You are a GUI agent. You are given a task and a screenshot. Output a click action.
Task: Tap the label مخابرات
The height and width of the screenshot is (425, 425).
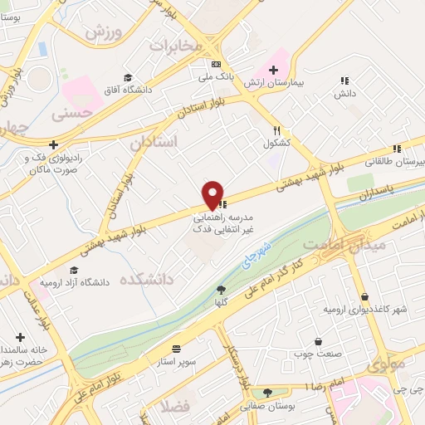[175, 46]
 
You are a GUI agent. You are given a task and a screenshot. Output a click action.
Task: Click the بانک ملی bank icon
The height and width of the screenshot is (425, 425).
[217, 64]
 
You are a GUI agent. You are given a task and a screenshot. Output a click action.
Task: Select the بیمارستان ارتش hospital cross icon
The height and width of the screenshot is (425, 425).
[273, 70]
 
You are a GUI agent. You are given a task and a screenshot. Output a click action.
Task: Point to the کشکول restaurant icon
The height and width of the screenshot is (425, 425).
[278, 130]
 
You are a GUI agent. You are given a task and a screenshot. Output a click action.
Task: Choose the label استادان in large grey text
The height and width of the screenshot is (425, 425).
[154, 142]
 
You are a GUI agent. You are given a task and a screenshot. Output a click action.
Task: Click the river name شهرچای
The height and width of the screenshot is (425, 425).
[261, 250]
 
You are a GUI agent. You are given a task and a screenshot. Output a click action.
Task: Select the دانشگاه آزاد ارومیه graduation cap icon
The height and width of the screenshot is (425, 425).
[74, 271]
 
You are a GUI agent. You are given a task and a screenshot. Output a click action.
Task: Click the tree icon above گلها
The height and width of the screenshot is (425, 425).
[221, 290]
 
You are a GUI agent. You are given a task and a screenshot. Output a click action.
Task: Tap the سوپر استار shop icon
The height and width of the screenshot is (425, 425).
[176, 349]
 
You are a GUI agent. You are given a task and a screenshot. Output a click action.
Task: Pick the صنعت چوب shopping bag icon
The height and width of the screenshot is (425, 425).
[318, 341]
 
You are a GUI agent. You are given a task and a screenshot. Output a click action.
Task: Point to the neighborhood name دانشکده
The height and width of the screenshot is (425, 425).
[145, 280]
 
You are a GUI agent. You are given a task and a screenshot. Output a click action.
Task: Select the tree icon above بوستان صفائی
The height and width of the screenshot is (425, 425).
[267, 393]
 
